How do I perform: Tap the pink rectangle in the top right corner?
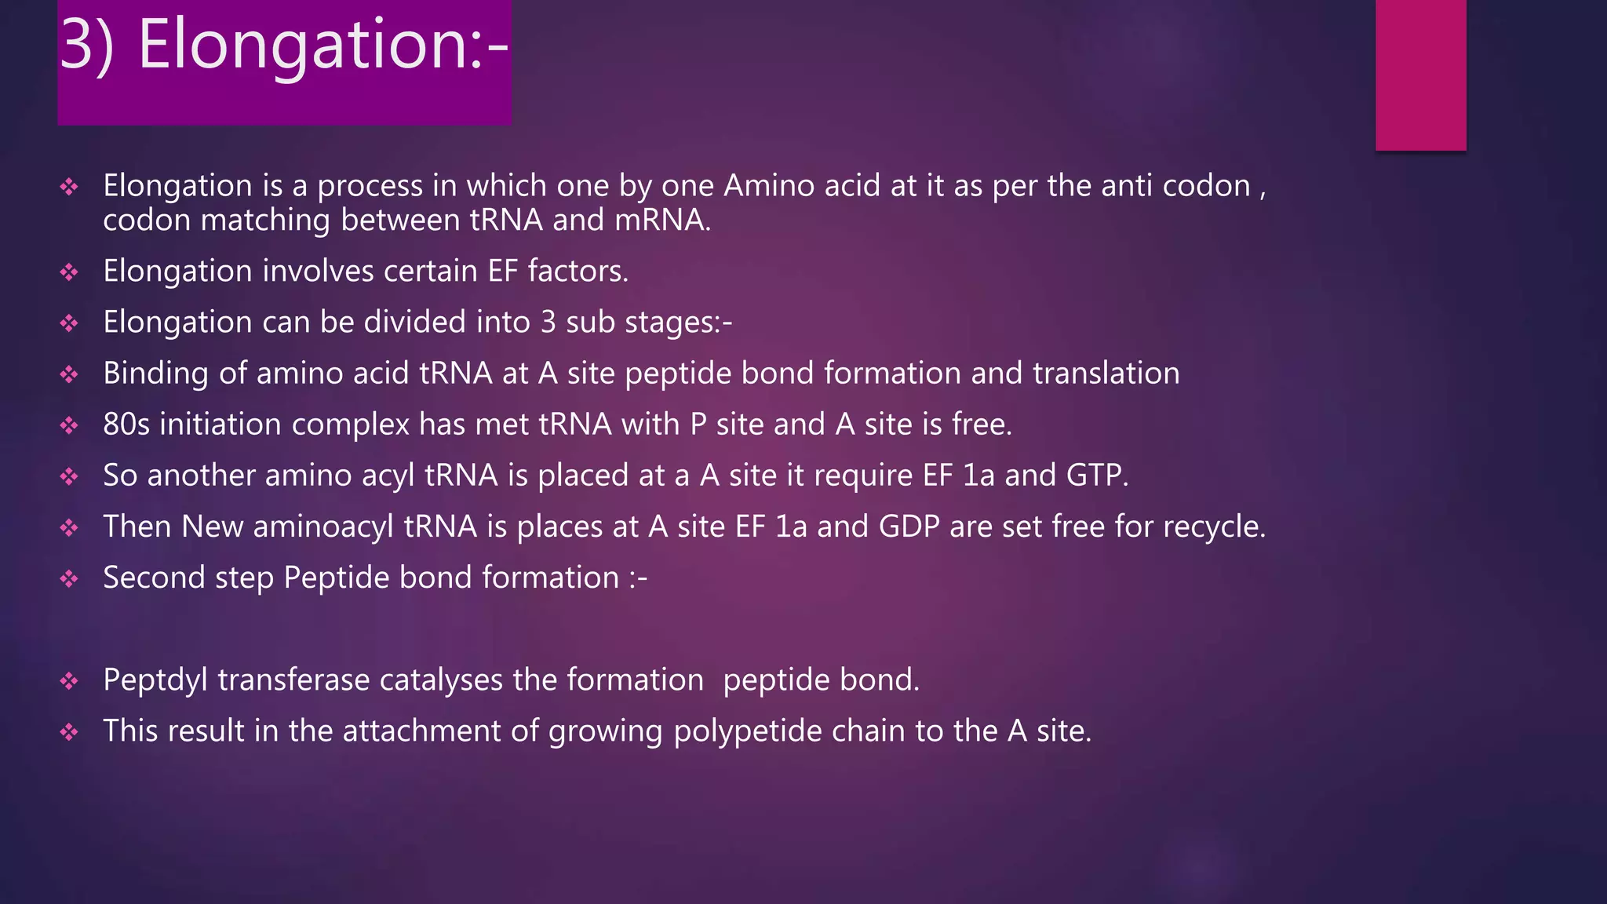(x=1420, y=75)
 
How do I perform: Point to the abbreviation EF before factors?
(x=502, y=272)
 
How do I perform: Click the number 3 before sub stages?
(x=548, y=323)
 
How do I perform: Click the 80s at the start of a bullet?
(x=126, y=425)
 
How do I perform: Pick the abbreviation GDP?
(x=909, y=527)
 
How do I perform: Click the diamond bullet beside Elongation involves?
(x=69, y=272)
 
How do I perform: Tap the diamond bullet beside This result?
(x=69, y=732)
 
